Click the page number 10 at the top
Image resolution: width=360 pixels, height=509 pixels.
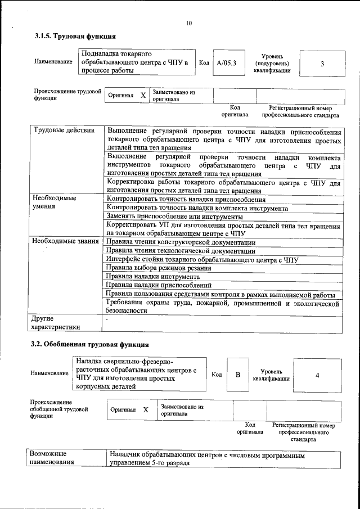click(188, 23)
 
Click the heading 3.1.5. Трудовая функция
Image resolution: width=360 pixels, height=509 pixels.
click(75, 37)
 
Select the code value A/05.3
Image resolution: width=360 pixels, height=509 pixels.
click(227, 64)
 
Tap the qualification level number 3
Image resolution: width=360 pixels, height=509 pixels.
click(322, 64)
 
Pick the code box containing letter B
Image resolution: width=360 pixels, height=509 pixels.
click(238, 375)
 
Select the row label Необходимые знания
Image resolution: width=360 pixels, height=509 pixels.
click(66, 241)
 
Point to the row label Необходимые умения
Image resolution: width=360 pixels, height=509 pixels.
click(54, 202)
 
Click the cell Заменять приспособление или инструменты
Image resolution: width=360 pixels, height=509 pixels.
click(174, 217)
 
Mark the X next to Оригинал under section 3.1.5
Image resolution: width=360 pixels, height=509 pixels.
click(143, 96)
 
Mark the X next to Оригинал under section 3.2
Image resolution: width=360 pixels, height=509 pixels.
click(146, 410)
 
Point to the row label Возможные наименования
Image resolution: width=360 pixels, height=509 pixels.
click(52, 457)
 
